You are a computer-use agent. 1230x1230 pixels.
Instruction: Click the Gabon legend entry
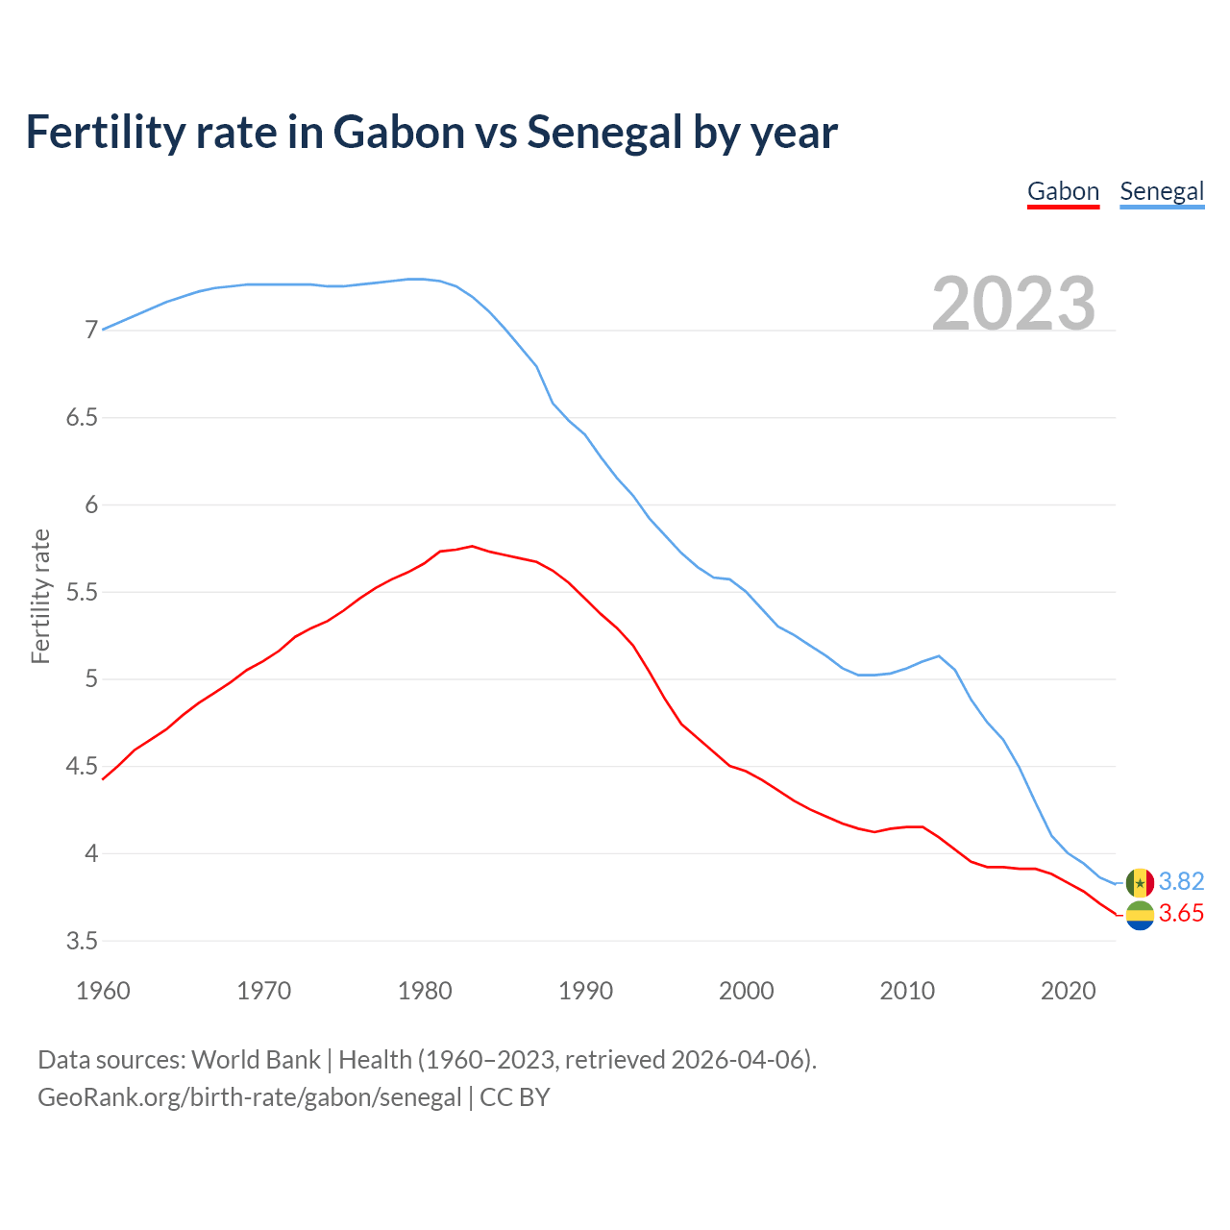click(x=1063, y=191)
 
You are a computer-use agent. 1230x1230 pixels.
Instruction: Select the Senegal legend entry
click(x=1162, y=191)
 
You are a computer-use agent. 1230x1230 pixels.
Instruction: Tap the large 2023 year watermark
click(x=1014, y=304)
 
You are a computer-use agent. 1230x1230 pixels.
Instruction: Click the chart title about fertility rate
click(x=431, y=132)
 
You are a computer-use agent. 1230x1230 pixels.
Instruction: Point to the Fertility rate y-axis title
click(x=40, y=596)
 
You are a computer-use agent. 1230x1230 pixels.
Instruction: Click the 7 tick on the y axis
click(x=91, y=331)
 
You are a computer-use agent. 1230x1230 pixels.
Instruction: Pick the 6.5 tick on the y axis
click(x=82, y=418)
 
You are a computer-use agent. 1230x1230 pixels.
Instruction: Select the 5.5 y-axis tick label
click(x=82, y=592)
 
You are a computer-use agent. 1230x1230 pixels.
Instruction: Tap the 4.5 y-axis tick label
click(x=82, y=767)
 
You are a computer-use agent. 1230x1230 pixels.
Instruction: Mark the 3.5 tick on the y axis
click(x=82, y=941)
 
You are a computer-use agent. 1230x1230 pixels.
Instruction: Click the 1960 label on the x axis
click(x=103, y=991)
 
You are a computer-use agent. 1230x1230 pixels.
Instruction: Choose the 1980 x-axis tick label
click(x=425, y=991)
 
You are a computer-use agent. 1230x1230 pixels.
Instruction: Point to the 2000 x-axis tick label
click(x=746, y=991)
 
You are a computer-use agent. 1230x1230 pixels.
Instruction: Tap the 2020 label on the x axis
click(x=1068, y=991)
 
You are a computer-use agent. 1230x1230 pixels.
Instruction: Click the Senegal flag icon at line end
click(x=1140, y=882)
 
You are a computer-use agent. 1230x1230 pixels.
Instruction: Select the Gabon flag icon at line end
click(x=1140, y=915)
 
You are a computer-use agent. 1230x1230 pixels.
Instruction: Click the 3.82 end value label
click(x=1181, y=881)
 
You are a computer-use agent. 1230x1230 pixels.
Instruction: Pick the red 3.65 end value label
click(x=1181, y=914)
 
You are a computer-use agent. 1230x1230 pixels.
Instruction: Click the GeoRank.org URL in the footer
click(x=249, y=1097)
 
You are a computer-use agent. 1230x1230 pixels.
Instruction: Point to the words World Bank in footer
click(x=256, y=1060)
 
